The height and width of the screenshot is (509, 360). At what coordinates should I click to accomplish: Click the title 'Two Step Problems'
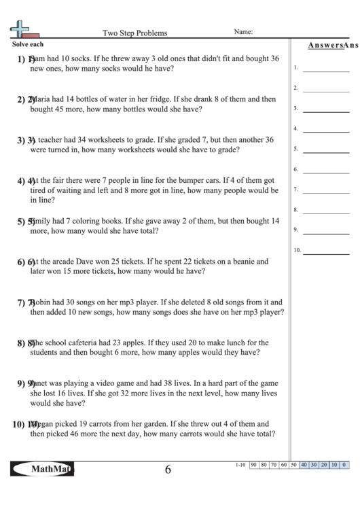tap(134, 33)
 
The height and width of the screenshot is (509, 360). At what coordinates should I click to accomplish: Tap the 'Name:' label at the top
tap(244, 32)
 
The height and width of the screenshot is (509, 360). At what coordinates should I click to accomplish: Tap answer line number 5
tap(321, 150)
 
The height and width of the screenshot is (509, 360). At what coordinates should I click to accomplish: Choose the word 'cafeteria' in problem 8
tap(89, 343)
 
